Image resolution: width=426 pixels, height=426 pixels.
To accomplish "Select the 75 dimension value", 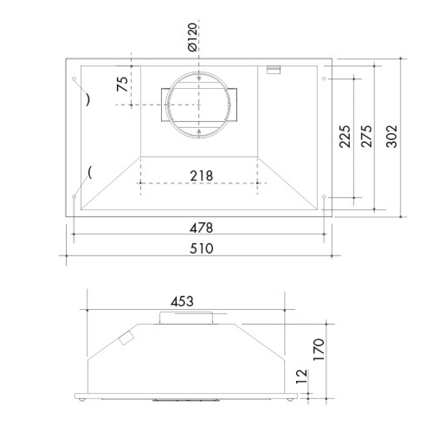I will (x=122, y=84).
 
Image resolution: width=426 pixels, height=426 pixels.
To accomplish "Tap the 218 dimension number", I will (x=201, y=176).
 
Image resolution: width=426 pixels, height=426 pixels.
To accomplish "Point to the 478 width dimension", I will (x=201, y=228).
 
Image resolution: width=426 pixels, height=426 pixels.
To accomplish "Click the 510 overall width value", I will (x=201, y=249).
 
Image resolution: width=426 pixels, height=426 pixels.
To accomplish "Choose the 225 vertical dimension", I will (x=345, y=136).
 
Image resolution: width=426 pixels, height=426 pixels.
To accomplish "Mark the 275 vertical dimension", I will (x=367, y=136).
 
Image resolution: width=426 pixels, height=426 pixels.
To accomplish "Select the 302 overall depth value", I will (x=392, y=136).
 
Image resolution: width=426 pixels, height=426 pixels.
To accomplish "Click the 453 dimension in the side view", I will (x=182, y=302).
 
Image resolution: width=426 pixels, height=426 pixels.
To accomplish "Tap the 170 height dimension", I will (x=318, y=350).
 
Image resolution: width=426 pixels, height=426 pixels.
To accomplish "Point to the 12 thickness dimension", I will (x=302, y=376).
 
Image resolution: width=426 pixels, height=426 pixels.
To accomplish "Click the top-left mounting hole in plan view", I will (x=74, y=79).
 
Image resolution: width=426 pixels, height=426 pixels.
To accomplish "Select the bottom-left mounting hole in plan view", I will (x=74, y=196).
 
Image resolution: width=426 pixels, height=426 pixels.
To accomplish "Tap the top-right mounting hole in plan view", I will (x=324, y=79).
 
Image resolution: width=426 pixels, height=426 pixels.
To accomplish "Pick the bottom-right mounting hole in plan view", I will (x=324, y=196).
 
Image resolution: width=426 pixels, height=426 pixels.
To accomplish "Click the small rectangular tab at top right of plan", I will (x=273, y=70).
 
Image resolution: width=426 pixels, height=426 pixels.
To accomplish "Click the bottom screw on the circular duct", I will (x=200, y=133).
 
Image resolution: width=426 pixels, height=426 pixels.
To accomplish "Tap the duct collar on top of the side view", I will (x=186, y=317).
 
